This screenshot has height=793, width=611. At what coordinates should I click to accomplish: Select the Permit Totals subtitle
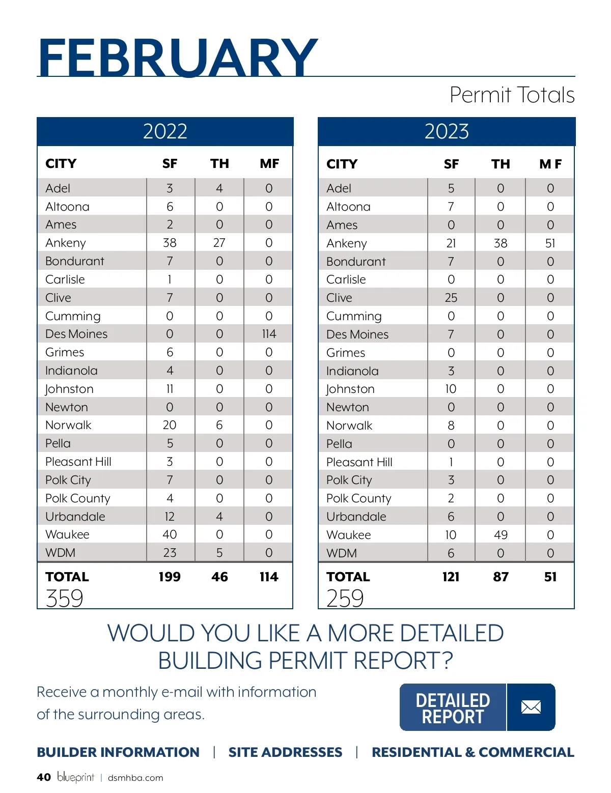[x=512, y=95]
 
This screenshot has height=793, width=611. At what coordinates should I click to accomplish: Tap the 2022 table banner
[x=165, y=131]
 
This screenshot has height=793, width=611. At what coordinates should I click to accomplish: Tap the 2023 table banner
[x=447, y=131]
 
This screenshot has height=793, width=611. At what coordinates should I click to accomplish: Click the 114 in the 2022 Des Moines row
[x=269, y=334]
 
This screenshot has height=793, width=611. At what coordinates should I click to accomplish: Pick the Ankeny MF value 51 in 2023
[x=550, y=243]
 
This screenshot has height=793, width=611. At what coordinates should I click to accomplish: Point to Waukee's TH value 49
[x=501, y=535]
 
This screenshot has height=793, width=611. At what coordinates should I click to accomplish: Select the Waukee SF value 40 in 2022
[x=170, y=534]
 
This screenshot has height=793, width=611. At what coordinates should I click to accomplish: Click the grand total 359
[x=64, y=598]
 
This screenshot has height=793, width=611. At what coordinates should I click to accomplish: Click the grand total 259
[x=345, y=598]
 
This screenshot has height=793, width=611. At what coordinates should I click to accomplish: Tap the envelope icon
[x=531, y=707]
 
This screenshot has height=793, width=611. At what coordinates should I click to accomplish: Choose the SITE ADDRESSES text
[x=285, y=752]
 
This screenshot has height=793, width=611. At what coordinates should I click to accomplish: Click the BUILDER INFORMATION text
[x=118, y=752]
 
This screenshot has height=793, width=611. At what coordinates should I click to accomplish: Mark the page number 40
[x=44, y=777]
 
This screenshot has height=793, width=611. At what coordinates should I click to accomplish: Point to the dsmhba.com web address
[x=135, y=778]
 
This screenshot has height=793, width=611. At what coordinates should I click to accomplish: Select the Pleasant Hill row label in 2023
[x=359, y=462]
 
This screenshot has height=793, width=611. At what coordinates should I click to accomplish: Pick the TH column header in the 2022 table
[x=219, y=163]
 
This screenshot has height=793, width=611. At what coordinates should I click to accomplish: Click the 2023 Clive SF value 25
[x=451, y=298]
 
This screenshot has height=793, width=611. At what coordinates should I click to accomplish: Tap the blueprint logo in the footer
[x=75, y=777]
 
